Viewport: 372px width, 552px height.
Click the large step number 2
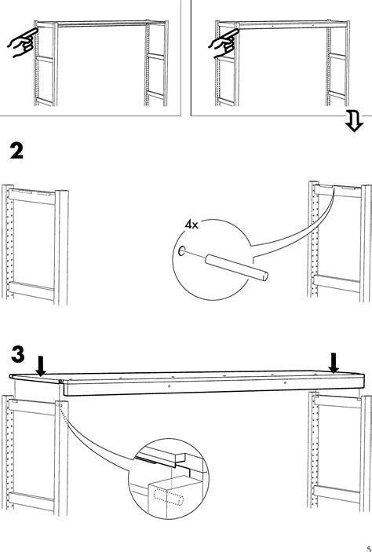click(x=17, y=149)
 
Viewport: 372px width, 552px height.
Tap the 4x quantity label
click(x=191, y=225)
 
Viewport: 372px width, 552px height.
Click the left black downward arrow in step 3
click(x=41, y=363)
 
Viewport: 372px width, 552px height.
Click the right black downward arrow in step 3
click(x=334, y=361)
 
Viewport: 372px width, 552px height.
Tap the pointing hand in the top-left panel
click(x=21, y=44)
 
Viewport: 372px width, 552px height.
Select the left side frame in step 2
click(x=29, y=243)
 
